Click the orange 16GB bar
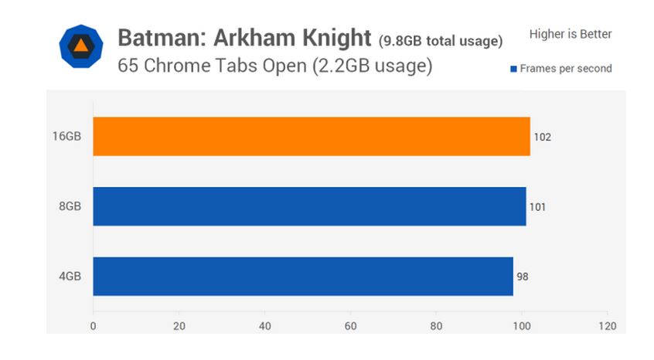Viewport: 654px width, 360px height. [312, 137]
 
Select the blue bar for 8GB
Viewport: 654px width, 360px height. [309, 206]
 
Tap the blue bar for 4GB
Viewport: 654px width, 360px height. [303, 276]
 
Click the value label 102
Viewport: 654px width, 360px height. [542, 138]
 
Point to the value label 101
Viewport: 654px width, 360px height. [538, 207]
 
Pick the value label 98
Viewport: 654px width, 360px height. [523, 277]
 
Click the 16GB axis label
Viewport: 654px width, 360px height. [66, 137]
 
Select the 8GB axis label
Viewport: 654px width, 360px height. [70, 206]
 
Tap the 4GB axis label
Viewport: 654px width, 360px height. [70, 276]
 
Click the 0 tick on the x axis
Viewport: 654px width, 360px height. [94, 325]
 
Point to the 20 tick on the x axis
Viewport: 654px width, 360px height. [179, 325]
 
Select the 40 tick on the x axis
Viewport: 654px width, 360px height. [265, 325]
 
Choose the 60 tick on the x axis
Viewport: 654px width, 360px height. [350, 325]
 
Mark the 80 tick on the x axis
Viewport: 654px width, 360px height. [436, 325]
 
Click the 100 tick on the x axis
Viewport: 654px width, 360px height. [522, 325]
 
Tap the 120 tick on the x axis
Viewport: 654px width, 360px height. [608, 325]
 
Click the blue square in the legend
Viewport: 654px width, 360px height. [513, 69]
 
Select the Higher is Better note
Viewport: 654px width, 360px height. [571, 34]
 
